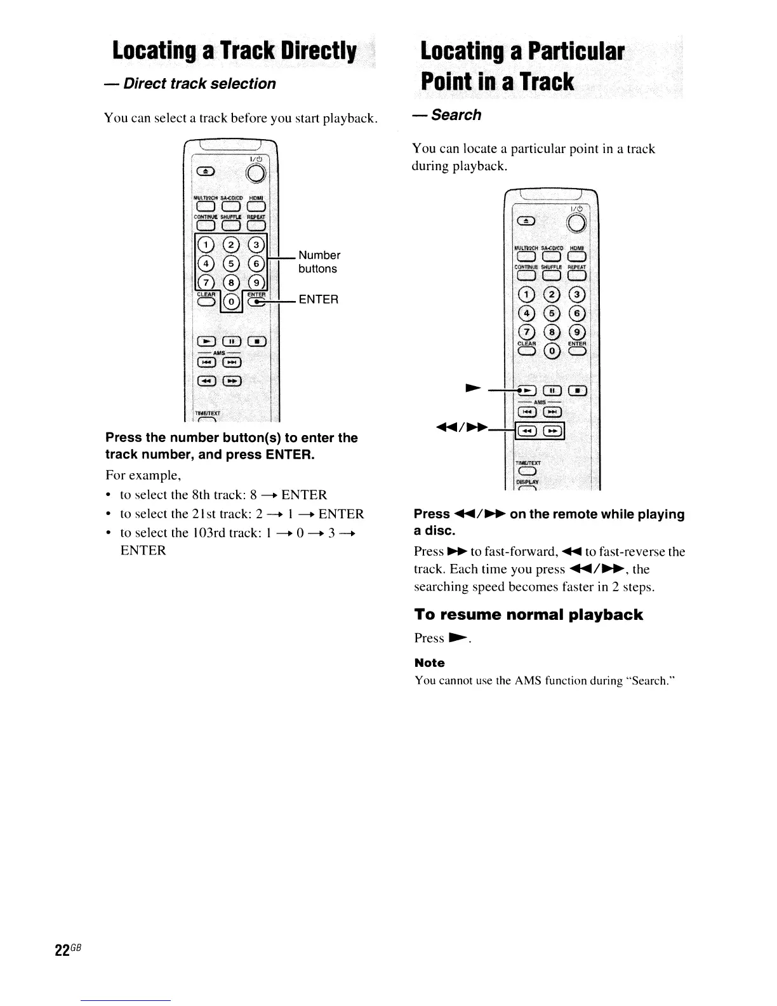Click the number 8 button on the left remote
click(232, 282)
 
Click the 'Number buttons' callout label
click(319, 262)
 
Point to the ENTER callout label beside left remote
click(319, 299)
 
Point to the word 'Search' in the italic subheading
click(456, 115)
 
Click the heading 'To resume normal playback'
click(528, 615)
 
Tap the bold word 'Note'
click(429, 663)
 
